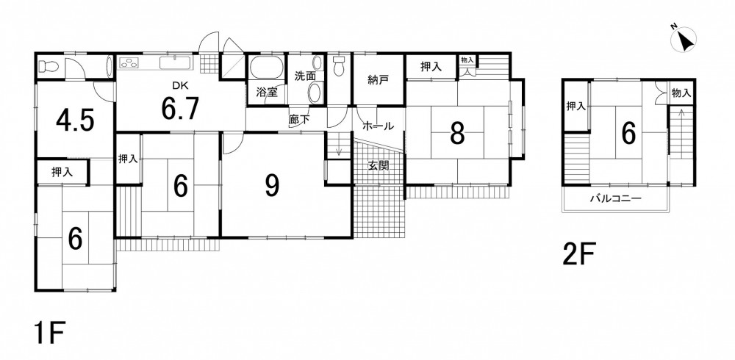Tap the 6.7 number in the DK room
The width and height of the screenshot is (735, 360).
181,109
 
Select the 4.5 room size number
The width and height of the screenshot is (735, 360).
75,121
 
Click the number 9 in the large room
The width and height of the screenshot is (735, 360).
272,186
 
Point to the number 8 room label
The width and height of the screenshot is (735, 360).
457,134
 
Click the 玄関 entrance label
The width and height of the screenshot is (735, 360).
379,165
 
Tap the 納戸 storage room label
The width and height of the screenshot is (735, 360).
379,80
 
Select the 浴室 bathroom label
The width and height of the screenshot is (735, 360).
267,93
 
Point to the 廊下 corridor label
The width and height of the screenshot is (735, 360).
299,120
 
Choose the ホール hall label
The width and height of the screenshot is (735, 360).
379,126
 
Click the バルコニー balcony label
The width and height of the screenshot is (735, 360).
615,198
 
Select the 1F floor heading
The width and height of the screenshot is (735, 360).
48,333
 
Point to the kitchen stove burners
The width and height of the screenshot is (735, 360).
129,62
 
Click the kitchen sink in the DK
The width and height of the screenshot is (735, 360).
176,62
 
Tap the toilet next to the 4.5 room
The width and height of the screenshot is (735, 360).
47,67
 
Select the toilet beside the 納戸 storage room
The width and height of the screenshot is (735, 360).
339,66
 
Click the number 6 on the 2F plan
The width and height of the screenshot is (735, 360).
628,134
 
